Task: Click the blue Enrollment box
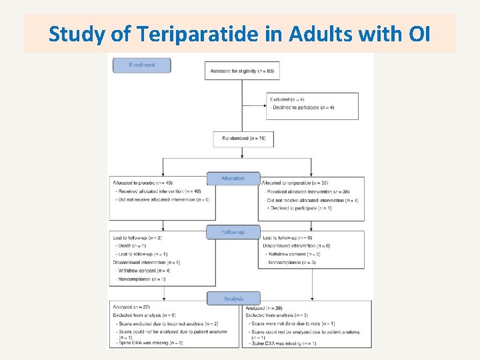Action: click(x=141, y=65)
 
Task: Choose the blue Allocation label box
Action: click(x=233, y=178)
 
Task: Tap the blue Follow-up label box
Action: click(x=233, y=232)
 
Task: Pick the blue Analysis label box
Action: click(x=233, y=299)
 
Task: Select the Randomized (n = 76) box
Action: click(x=243, y=139)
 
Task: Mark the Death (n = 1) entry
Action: click(x=133, y=246)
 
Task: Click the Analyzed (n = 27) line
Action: click(x=131, y=307)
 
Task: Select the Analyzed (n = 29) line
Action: click(x=265, y=309)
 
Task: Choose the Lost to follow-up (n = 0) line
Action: click(x=287, y=238)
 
